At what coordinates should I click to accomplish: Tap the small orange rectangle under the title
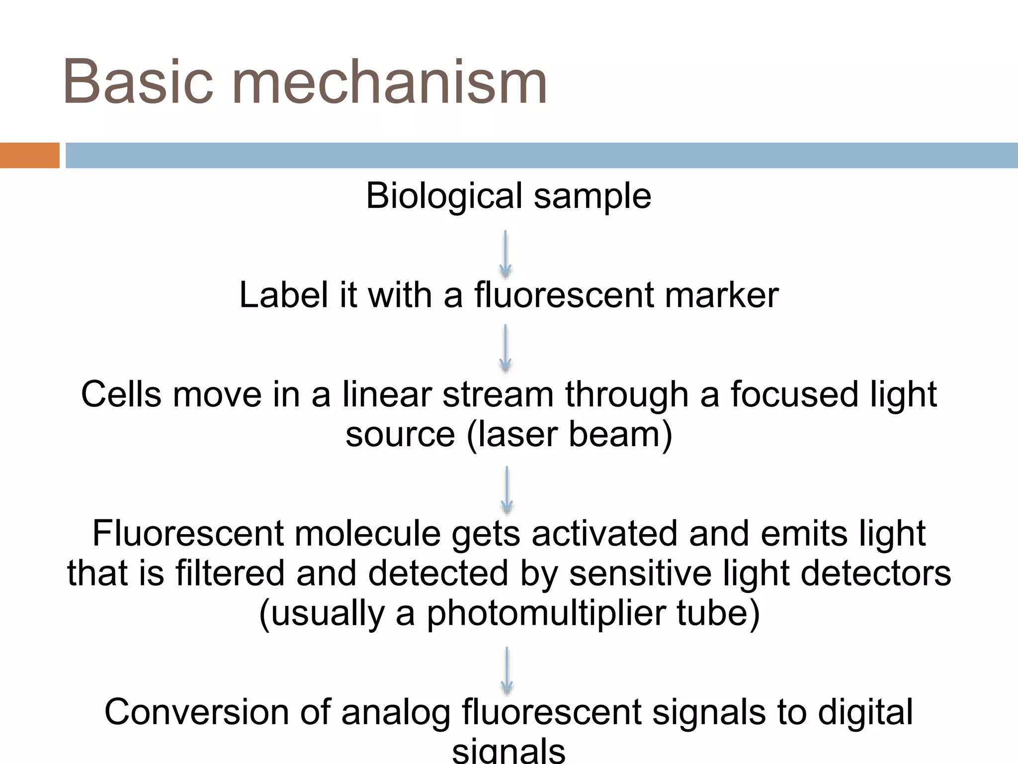[x=29, y=155]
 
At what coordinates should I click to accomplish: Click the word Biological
[x=444, y=196]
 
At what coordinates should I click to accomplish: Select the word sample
[x=592, y=196]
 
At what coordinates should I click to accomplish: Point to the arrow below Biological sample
[x=506, y=254]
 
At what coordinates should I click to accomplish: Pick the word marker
[x=721, y=295]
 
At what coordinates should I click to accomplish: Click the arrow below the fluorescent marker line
[x=506, y=348]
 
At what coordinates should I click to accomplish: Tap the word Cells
[x=121, y=394]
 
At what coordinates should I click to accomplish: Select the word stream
[x=498, y=394]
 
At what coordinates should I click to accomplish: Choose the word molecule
[x=367, y=534]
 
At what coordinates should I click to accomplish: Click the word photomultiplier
[x=546, y=613]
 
